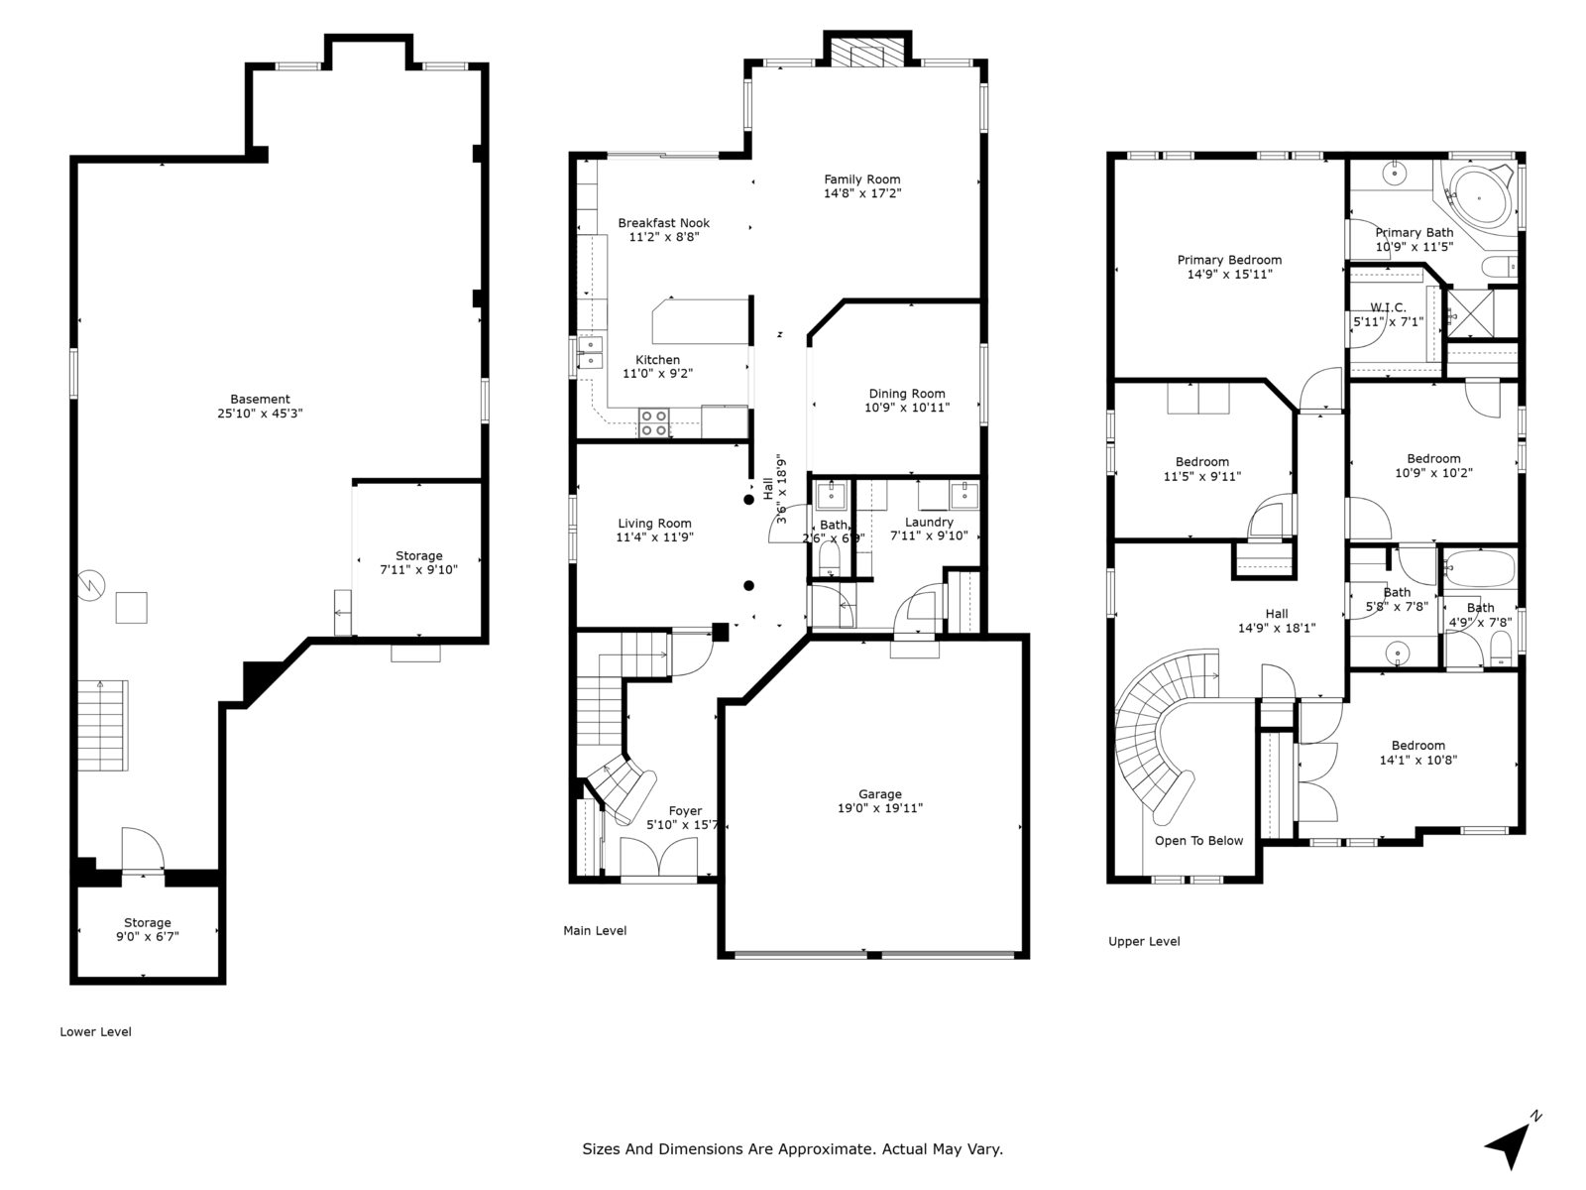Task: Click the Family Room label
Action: (861, 179)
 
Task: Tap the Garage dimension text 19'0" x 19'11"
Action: (879, 808)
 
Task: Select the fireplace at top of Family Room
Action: (865, 54)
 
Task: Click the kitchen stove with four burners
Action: (653, 422)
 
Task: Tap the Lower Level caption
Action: (95, 1031)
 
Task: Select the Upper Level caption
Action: (1144, 941)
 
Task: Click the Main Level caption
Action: (595, 930)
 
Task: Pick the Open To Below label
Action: (1198, 841)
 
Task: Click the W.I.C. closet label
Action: (1388, 307)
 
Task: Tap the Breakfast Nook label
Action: (663, 223)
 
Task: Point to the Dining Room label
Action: (907, 394)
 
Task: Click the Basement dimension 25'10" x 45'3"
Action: (260, 414)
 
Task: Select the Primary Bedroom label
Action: (1229, 261)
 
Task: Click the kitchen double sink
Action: (590, 353)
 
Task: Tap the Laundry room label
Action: (929, 522)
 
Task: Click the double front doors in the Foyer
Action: (657, 857)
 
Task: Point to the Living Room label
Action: (654, 524)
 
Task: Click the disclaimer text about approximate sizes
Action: (792, 1149)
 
